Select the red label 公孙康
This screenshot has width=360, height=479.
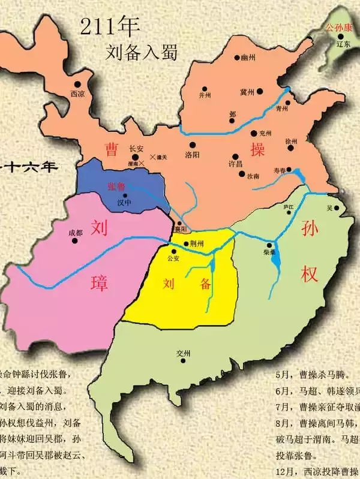pyautogui.click(x=337, y=28)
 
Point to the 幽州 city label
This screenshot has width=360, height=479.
pyautogui.click(x=248, y=58)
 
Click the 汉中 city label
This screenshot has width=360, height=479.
pyautogui.click(x=124, y=203)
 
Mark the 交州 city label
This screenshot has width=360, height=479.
pyautogui.click(x=183, y=354)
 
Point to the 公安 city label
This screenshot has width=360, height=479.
pyautogui.click(x=174, y=258)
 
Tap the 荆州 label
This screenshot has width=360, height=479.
pyautogui.click(x=196, y=244)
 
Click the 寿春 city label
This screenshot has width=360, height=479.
pyautogui.click(x=280, y=171)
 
